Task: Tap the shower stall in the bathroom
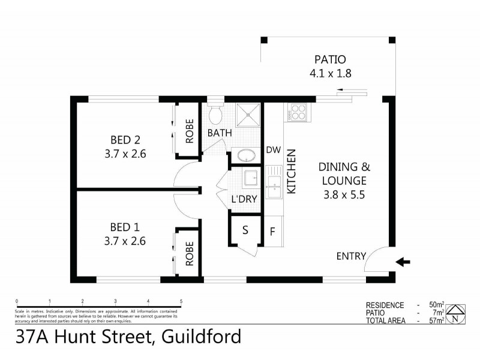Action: click(247, 115)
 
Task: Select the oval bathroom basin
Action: click(245, 155)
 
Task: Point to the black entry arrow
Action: click(403, 262)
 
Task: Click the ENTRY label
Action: click(351, 256)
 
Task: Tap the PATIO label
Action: click(330, 60)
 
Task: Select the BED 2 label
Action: click(125, 140)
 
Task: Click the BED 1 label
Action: click(125, 227)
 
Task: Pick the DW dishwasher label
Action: click(274, 150)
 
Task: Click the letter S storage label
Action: click(245, 230)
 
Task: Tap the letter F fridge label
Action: click(272, 231)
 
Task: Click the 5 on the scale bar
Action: click(181, 301)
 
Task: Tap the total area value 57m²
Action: click(436, 321)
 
